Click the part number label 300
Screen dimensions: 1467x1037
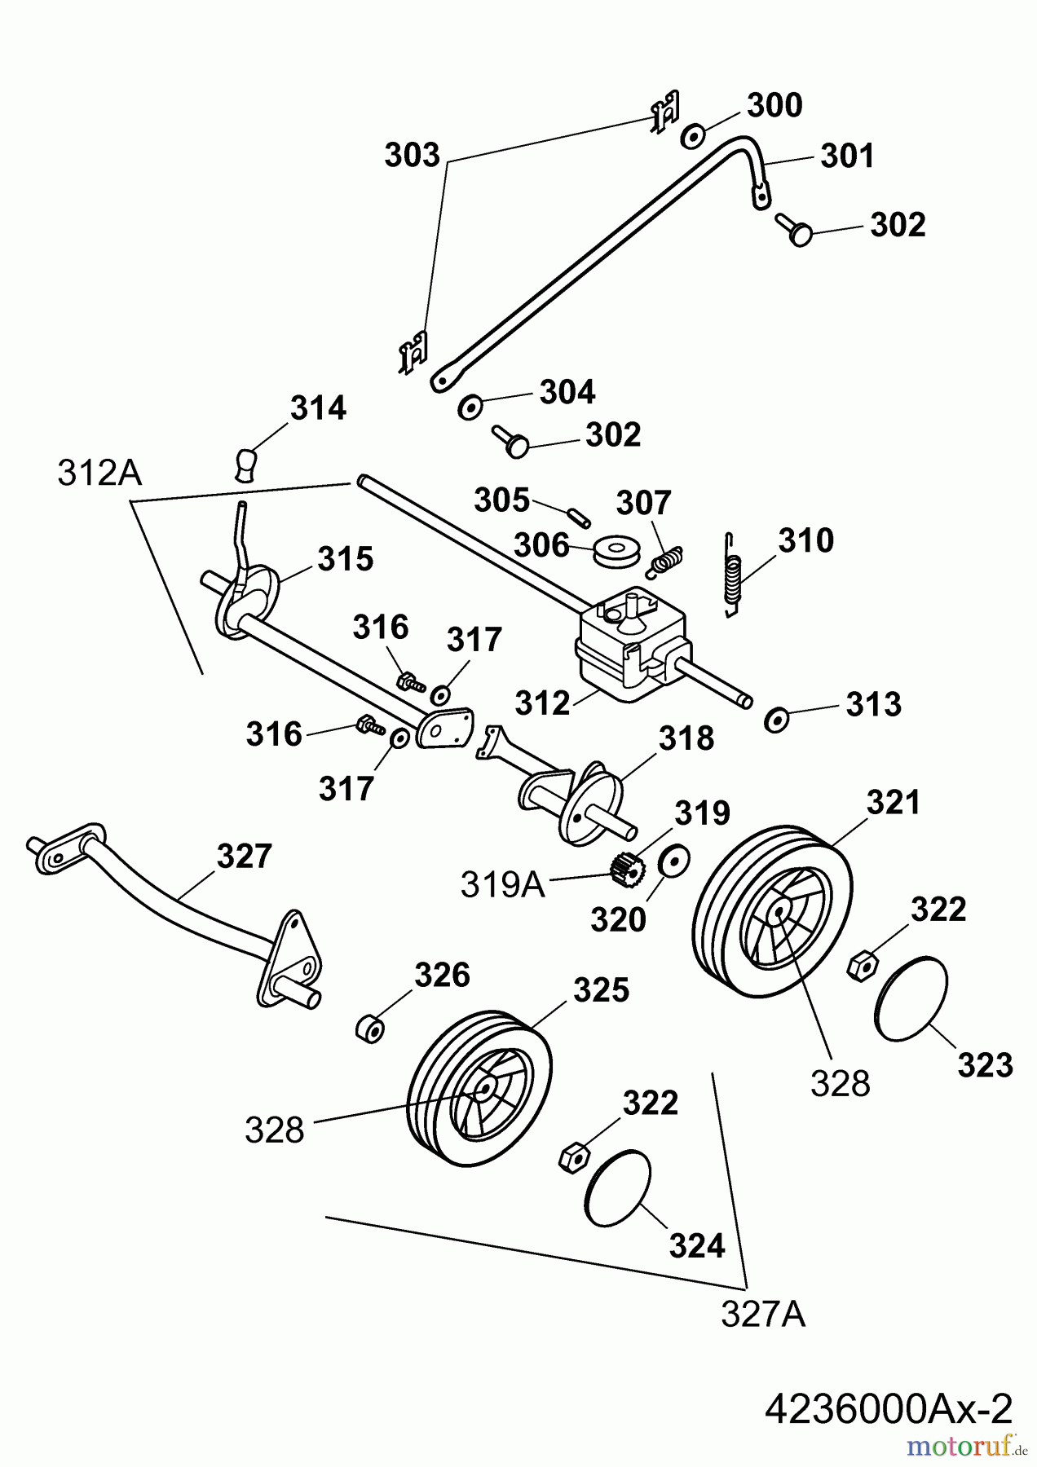coord(774,106)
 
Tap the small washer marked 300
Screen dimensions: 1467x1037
coord(693,136)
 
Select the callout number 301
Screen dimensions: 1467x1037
coord(847,156)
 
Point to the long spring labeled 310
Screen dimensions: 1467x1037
coord(734,574)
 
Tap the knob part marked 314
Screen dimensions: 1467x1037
coord(245,464)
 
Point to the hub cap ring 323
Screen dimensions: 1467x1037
coord(911,998)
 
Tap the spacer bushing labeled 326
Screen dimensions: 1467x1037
coord(371,1029)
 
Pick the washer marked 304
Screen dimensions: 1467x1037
coord(470,406)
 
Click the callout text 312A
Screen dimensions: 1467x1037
coord(100,473)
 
